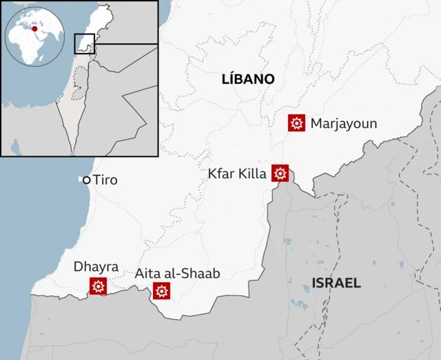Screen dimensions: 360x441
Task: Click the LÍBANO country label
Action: tap(248, 79)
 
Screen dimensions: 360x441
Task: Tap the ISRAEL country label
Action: tap(336, 283)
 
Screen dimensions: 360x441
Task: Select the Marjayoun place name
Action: tap(344, 124)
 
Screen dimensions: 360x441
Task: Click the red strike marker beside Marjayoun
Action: tap(297, 123)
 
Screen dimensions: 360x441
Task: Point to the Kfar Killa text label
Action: tap(237, 173)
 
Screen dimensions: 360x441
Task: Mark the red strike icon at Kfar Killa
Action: tap(280, 173)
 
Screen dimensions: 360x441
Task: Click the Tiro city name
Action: tap(105, 180)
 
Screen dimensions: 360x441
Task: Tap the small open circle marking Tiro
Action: tap(87, 180)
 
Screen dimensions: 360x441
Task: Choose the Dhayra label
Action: tap(96, 266)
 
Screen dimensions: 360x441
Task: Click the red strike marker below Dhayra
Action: tap(98, 286)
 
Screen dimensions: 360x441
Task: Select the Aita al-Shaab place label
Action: tap(177, 273)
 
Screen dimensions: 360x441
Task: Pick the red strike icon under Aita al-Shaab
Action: tap(162, 291)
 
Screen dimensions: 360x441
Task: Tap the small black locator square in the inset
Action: tap(84, 43)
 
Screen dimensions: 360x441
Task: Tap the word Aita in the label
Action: tap(147, 273)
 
